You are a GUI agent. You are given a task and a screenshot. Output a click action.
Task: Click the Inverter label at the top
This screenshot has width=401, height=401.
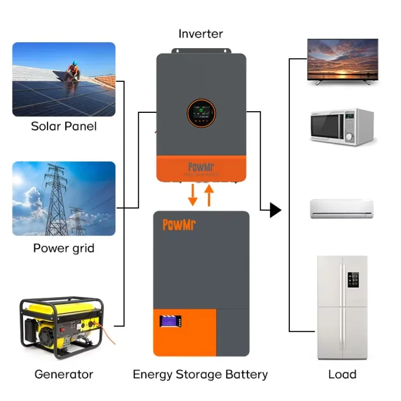(200, 34)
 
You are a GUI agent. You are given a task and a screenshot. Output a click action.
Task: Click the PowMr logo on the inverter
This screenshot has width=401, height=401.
(200, 167)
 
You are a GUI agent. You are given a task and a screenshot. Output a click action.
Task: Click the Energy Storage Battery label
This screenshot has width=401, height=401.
(200, 374)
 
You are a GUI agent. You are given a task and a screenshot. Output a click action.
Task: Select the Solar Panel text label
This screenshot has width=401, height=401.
(64, 126)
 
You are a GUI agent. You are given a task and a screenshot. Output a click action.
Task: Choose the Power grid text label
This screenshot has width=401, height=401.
(64, 248)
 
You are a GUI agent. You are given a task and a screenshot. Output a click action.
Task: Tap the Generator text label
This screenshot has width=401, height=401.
(64, 374)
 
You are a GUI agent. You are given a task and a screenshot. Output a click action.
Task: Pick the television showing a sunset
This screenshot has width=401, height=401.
(342, 60)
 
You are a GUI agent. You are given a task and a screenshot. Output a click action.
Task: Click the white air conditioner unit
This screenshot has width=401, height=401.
(342, 208)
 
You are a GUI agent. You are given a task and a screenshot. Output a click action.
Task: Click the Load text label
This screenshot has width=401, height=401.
(342, 374)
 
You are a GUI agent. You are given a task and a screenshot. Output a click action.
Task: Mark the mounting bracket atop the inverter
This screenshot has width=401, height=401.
(201, 51)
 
